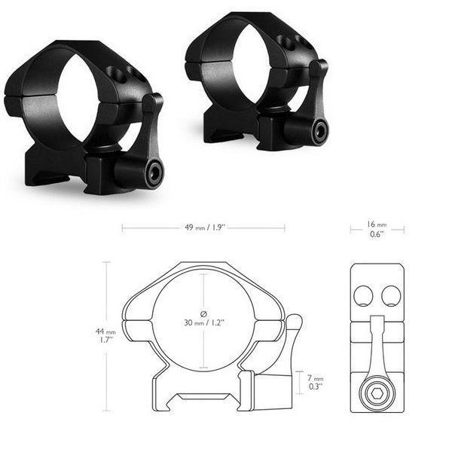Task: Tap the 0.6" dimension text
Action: coord(376,235)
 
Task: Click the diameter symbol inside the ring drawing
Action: coord(203,313)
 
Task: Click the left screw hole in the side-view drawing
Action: coord(363,296)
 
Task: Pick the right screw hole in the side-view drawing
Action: coord(389,296)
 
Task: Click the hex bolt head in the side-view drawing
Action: coord(377,394)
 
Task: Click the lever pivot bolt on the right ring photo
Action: coord(319,133)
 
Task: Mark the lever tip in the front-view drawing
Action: coord(294,322)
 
